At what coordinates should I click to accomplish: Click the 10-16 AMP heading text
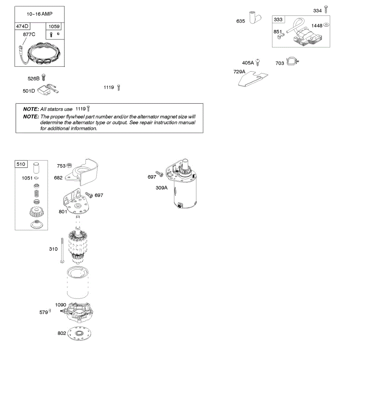(40, 14)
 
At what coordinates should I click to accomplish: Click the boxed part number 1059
(54, 26)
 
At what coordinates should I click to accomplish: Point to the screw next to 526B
(43, 77)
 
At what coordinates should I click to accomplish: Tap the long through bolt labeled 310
(62, 250)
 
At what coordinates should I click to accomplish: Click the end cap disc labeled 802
(80, 333)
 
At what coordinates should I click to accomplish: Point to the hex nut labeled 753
(69, 166)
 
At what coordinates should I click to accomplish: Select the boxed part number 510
(21, 164)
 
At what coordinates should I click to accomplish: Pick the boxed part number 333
(278, 20)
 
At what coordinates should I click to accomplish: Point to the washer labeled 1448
(326, 25)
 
